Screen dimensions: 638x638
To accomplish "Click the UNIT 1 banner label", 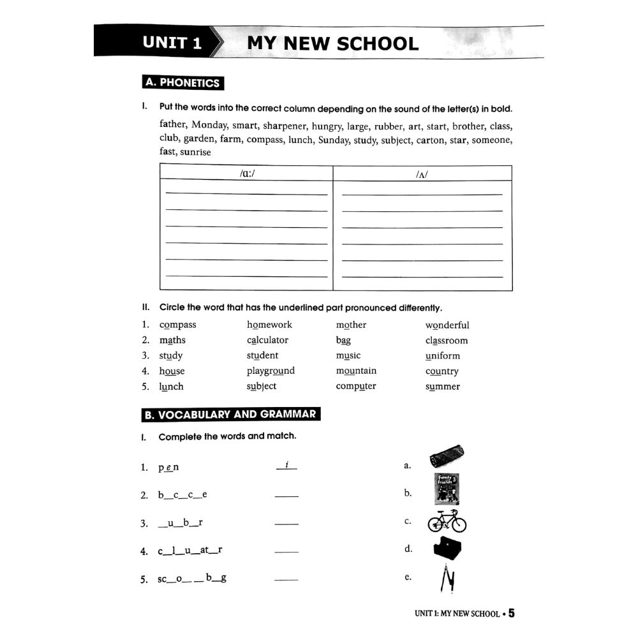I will point(172,43).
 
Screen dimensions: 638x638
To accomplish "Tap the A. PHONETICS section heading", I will point(182,82).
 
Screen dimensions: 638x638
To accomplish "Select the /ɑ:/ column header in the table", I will point(246,174).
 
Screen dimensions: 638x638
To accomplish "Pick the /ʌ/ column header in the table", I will point(421,174).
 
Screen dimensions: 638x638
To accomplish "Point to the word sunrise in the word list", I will point(195,152).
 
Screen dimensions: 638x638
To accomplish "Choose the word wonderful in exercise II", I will point(447,325).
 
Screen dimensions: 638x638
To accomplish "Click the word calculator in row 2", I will point(267,341).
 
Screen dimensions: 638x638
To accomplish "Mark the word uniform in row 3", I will point(442,356).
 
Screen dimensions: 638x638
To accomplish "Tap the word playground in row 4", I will point(271,371).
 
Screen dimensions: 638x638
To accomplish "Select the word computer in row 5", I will point(356,387).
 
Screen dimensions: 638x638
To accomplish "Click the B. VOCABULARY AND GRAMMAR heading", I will point(230,415).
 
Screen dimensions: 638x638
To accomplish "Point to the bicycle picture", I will point(447,521).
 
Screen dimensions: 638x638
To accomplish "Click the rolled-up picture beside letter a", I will point(447,457).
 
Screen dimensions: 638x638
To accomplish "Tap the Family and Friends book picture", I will point(446,489).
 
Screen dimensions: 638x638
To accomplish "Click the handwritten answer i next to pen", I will point(287,466).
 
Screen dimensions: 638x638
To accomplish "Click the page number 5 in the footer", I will point(511,614).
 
